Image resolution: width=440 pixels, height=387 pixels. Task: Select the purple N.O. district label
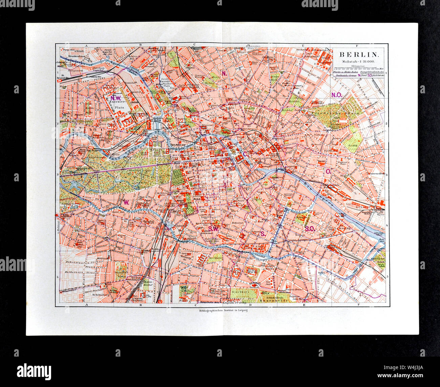point(337,95)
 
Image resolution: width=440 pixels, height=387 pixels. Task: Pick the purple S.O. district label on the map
point(310,229)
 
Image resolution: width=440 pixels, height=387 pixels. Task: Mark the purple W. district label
point(126,202)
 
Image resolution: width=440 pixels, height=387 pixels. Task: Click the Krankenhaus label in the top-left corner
point(76,56)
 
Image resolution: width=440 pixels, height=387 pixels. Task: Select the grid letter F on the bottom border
point(358,305)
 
